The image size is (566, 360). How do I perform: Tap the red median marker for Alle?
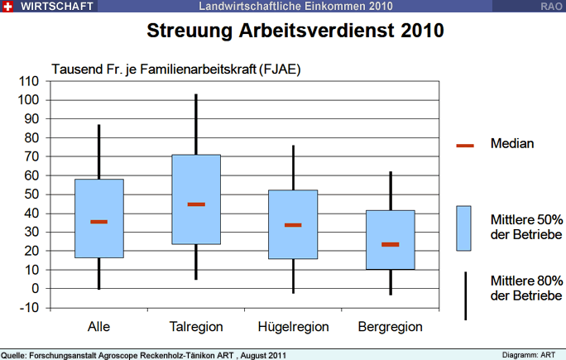pyautogui.click(x=98, y=222)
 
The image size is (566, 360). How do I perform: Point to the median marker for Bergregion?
pyautogui.click(x=390, y=244)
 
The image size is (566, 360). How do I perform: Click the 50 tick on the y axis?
pyautogui.click(x=31, y=194)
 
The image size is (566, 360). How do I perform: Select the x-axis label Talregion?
pyautogui.click(x=196, y=326)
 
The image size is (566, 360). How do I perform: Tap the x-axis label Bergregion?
pyautogui.click(x=390, y=326)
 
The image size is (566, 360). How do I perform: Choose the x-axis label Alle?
pyautogui.click(x=98, y=326)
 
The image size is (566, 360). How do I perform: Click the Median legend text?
pyautogui.click(x=512, y=144)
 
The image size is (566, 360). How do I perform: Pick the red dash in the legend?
pyautogui.click(x=465, y=145)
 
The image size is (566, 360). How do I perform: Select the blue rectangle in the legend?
pyautogui.click(x=463, y=228)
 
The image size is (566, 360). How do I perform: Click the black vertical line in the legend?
pyautogui.click(x=465, y=295)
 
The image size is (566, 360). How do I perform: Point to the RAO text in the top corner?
pyautogui.click(x=552, y=6)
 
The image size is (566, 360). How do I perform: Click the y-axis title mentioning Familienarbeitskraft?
pyautogui.click(x=175, y=70)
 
